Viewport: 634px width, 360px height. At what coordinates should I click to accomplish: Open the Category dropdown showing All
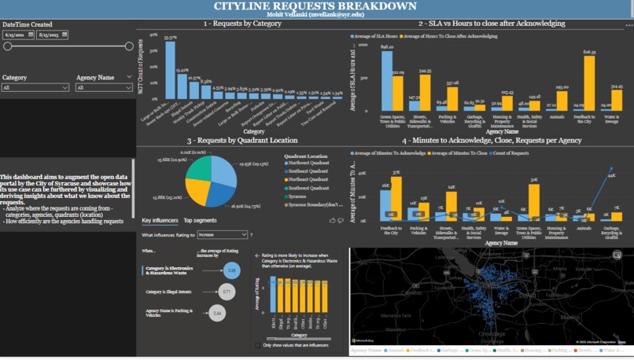tap(35, 88)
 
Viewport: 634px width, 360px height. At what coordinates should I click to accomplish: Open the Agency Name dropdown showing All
tap(104, 88)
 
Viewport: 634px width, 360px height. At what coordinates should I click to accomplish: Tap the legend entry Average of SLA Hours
tap(375, 36)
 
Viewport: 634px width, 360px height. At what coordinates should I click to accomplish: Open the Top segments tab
tap(200, 221)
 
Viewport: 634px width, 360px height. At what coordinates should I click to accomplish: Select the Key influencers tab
tap(160, 221)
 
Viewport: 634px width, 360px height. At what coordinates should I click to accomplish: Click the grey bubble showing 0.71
tap(226, 292)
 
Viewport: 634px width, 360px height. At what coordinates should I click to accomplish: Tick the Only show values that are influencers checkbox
tap(257, 345)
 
